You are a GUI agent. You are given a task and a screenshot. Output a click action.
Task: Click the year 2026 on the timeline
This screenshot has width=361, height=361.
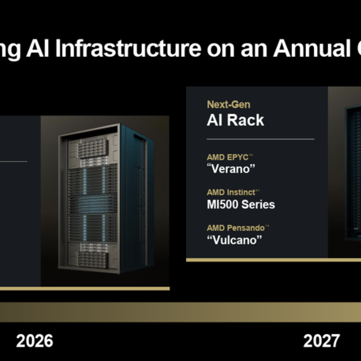point(34,341)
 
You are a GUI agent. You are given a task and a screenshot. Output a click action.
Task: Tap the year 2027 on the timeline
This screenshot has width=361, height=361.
point(321,341)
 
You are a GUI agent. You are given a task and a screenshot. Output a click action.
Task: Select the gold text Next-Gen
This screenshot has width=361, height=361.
point(228,104)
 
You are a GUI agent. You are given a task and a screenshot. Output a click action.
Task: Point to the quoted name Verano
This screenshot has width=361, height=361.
point(231,169)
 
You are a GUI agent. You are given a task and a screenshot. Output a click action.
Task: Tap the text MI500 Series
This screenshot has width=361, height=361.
point(241,205)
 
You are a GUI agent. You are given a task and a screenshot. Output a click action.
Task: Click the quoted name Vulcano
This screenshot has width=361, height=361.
point(234,240)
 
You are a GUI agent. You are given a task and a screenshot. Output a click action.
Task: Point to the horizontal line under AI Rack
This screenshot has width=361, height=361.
point(260,139)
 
